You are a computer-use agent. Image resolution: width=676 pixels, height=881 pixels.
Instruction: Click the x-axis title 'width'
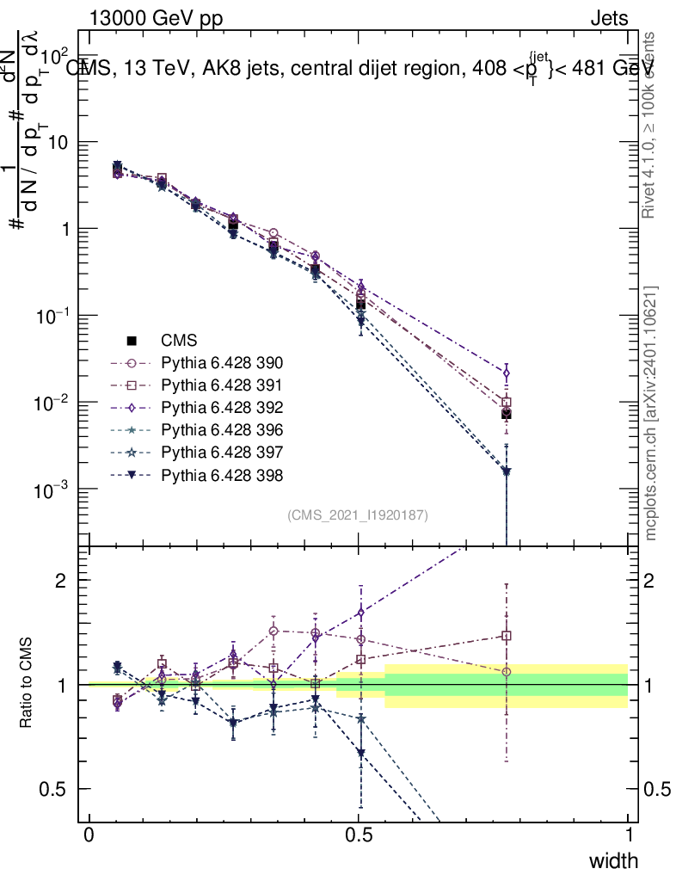tap(613, 860)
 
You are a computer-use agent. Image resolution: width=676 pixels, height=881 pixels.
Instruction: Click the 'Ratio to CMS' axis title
tap(28, 685)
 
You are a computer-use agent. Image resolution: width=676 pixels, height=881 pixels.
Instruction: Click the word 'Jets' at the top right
tap(609, 18)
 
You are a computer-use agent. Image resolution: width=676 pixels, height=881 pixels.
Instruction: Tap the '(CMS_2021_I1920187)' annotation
tap(358, 514)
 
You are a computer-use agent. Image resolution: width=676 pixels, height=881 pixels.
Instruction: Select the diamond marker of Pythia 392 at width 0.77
tap(507, 373)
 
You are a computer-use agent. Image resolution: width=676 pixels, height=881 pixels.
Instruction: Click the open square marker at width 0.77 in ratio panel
tap(507, 636)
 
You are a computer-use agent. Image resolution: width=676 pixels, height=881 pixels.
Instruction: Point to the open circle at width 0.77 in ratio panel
tap(507, 672)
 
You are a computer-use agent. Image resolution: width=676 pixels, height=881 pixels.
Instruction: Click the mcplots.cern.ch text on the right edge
tap(651, 413)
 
